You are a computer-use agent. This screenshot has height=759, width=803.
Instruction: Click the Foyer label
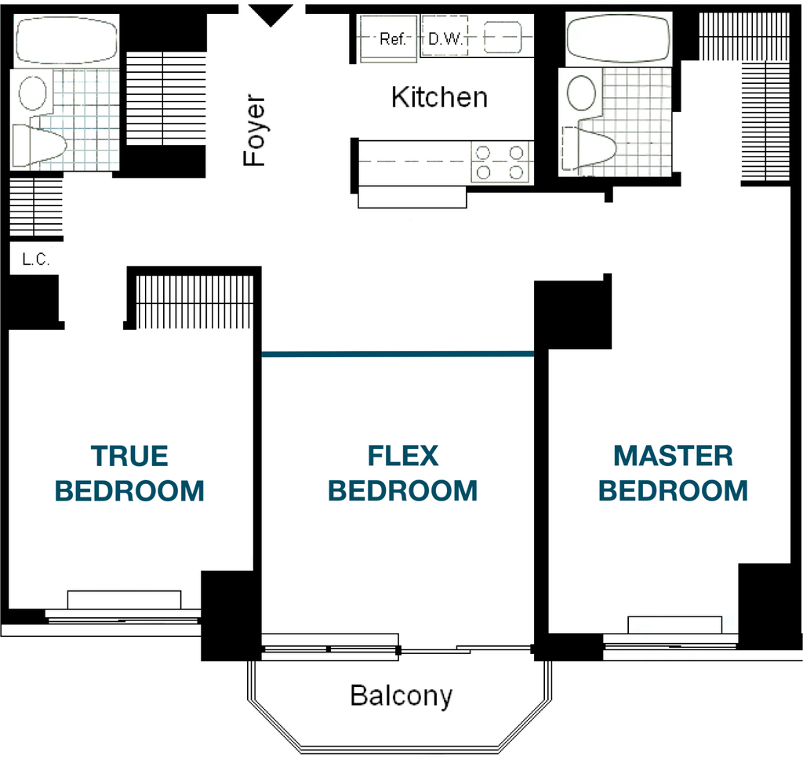pos(255,130)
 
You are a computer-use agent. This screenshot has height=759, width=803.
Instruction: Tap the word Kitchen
pos(439,97)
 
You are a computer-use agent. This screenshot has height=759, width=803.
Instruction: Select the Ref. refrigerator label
pos(393,39)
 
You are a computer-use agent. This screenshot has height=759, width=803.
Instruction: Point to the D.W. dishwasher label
pos(445,39)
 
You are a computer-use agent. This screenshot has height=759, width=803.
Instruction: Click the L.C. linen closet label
pos(36,259)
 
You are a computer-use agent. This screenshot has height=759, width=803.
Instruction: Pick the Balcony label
pos(401,696)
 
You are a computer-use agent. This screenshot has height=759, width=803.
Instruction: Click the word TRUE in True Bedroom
pos(129,456)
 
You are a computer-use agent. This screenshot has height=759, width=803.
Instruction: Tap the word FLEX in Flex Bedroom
pos(403,456)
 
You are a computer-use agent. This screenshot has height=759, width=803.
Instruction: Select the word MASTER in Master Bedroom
pos(673,456)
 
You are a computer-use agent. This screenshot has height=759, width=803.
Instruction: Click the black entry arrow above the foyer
pos(271,15)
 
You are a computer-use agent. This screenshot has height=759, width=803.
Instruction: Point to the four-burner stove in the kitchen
pos(500,162)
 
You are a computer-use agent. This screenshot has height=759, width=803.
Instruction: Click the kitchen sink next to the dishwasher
pos(502,38)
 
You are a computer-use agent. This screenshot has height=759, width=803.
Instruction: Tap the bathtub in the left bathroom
pos(66,40)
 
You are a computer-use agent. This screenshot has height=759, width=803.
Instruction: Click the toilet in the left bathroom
pos(39,145)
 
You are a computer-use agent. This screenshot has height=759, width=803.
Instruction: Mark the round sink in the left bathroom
pos(33,93)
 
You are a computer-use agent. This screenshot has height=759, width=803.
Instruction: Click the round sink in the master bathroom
pos(582,92)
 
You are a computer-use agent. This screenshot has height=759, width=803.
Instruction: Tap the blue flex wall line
pos(398,353)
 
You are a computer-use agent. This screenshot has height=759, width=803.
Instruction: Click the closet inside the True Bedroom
pos(194,302)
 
